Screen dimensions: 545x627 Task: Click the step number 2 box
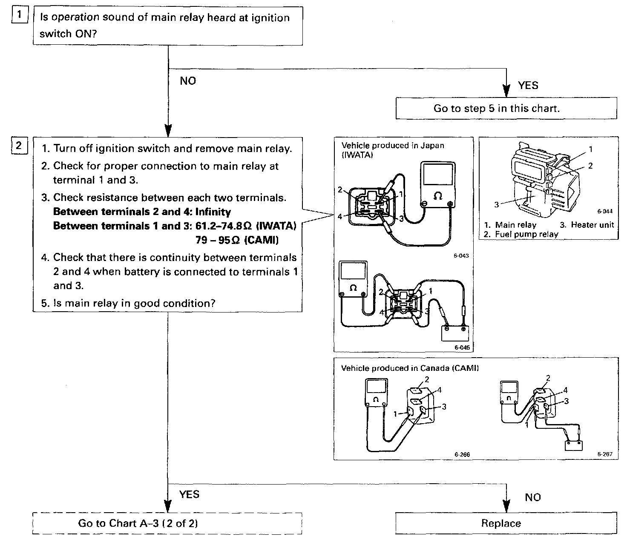[x=18, y=146]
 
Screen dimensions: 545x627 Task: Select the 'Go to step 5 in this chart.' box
[x=506, y=108]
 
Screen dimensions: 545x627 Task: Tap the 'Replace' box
[x=506, y=523]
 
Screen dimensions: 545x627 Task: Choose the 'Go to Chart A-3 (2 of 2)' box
[x=167, y=523]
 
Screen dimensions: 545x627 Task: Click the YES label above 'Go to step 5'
[x=528, y=86]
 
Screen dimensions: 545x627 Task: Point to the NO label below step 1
[x=188, y=81]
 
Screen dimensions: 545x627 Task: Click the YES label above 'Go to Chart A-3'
[x=189, y=494]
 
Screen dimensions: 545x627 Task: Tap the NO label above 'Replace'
[x=532, y=497]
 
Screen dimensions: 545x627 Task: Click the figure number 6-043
[x=461, y=256]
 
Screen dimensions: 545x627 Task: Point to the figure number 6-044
[x=604, y=211]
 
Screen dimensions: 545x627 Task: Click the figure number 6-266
[x=462, y=454]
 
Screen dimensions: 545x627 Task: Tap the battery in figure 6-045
[x=455, y=333]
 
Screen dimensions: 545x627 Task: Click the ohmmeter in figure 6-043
[x=437, y=185]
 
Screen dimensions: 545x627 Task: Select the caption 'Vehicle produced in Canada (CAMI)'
[x=410, y=368]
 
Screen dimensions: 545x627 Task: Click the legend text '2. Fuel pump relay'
[x=521, y=234]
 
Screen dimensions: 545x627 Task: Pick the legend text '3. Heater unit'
[x=587, y=225]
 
